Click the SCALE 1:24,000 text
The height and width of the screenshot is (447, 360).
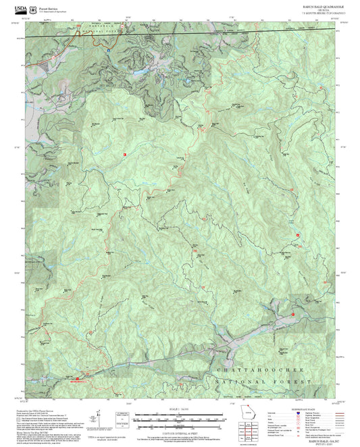point(180,409)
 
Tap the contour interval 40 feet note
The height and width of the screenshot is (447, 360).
point(180,430)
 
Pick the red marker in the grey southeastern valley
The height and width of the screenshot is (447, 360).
point(293,315)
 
